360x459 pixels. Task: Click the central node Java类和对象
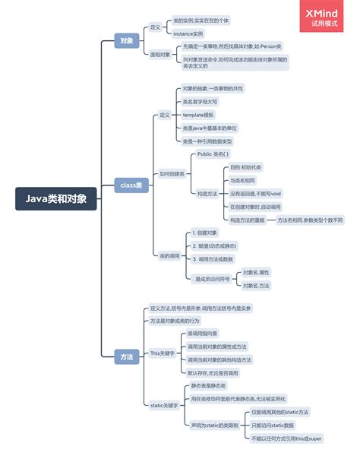pos(56,199)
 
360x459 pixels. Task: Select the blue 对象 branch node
pos(127,40)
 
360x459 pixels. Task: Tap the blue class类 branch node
pos(131,185)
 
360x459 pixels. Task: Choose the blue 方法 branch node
pos(127,356)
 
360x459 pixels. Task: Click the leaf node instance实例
pos(188,33)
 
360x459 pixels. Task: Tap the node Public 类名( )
pos(213,154)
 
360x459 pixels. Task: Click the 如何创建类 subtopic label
pos(172,174)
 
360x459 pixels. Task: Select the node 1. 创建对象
pos(205,233)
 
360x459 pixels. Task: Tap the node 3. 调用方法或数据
pos(213,259)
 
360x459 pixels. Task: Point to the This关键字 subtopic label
pos(163,353)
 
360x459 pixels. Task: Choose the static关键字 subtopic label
pos(163,405)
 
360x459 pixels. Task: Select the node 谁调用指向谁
pos(203,334)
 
